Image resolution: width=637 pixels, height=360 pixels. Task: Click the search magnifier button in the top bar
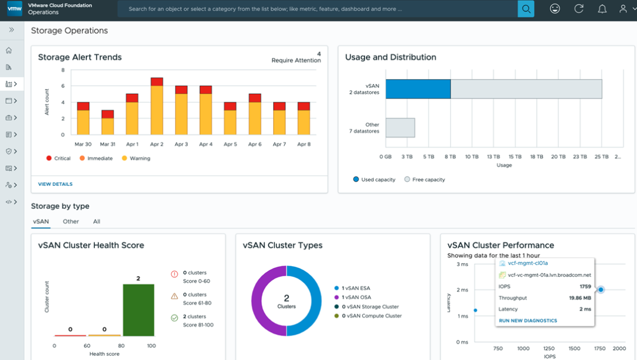pos(526,9)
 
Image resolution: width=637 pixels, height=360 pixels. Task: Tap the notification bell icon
pos(602,9)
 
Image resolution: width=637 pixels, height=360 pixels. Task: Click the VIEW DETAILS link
pos(55,184)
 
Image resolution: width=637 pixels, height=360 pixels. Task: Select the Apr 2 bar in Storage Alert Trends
pos(156,106)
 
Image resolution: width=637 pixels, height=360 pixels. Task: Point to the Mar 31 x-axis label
pos(107,144)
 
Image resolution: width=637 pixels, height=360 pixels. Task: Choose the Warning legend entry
pos(136,158)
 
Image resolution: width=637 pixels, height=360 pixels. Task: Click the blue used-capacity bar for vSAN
pos(418,89)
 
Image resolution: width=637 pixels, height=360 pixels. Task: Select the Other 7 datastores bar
pos(400,127)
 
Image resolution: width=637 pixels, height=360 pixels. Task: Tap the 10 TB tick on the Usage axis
pos(471,157)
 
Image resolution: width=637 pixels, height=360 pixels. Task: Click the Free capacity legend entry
pos(425,179)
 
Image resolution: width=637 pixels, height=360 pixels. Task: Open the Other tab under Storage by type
pos(71,221)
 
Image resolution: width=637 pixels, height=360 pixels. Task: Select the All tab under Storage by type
pos(97,221)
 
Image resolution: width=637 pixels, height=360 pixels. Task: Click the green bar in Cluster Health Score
pos(139,310)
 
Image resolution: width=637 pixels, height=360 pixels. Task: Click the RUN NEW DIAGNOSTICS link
pos(528,320)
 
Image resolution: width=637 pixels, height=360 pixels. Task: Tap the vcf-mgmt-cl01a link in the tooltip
pos(528,263)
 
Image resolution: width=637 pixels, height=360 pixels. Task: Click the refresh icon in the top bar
pos(579,9)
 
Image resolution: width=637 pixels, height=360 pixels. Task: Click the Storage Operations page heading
pos(69,31)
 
